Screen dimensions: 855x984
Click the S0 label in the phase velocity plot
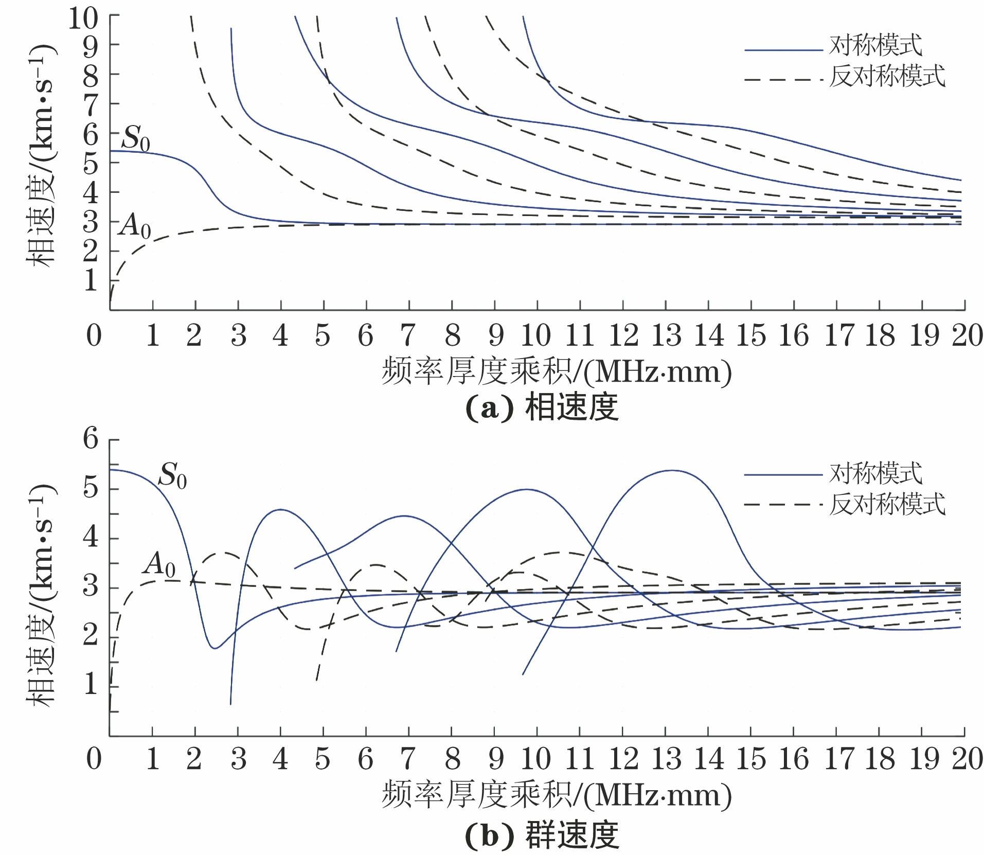[x=136, y=139]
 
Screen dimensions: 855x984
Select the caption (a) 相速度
[x=541, y=408]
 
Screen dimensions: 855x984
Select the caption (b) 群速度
[x=541, y=835]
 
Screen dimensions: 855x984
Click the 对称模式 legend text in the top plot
[x=876, y=46]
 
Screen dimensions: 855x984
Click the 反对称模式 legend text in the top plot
[x=887, y=76]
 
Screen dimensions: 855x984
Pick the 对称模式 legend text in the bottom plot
[x=876, y=473]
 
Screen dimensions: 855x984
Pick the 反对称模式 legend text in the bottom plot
[x=887, y=504]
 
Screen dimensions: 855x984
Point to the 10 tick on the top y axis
[x=83, y=20]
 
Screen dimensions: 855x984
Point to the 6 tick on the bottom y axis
[x=91, y=440]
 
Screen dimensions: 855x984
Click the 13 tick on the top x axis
[x=667, y=335]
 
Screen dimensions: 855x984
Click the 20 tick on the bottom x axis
[x=967, y=759]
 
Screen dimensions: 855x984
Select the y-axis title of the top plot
[x=41, y=154]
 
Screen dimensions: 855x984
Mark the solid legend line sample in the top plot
[x=783, y=50]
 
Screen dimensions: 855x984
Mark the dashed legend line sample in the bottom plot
[x=783, y=505]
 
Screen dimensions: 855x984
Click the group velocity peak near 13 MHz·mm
[x=672, y=471]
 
